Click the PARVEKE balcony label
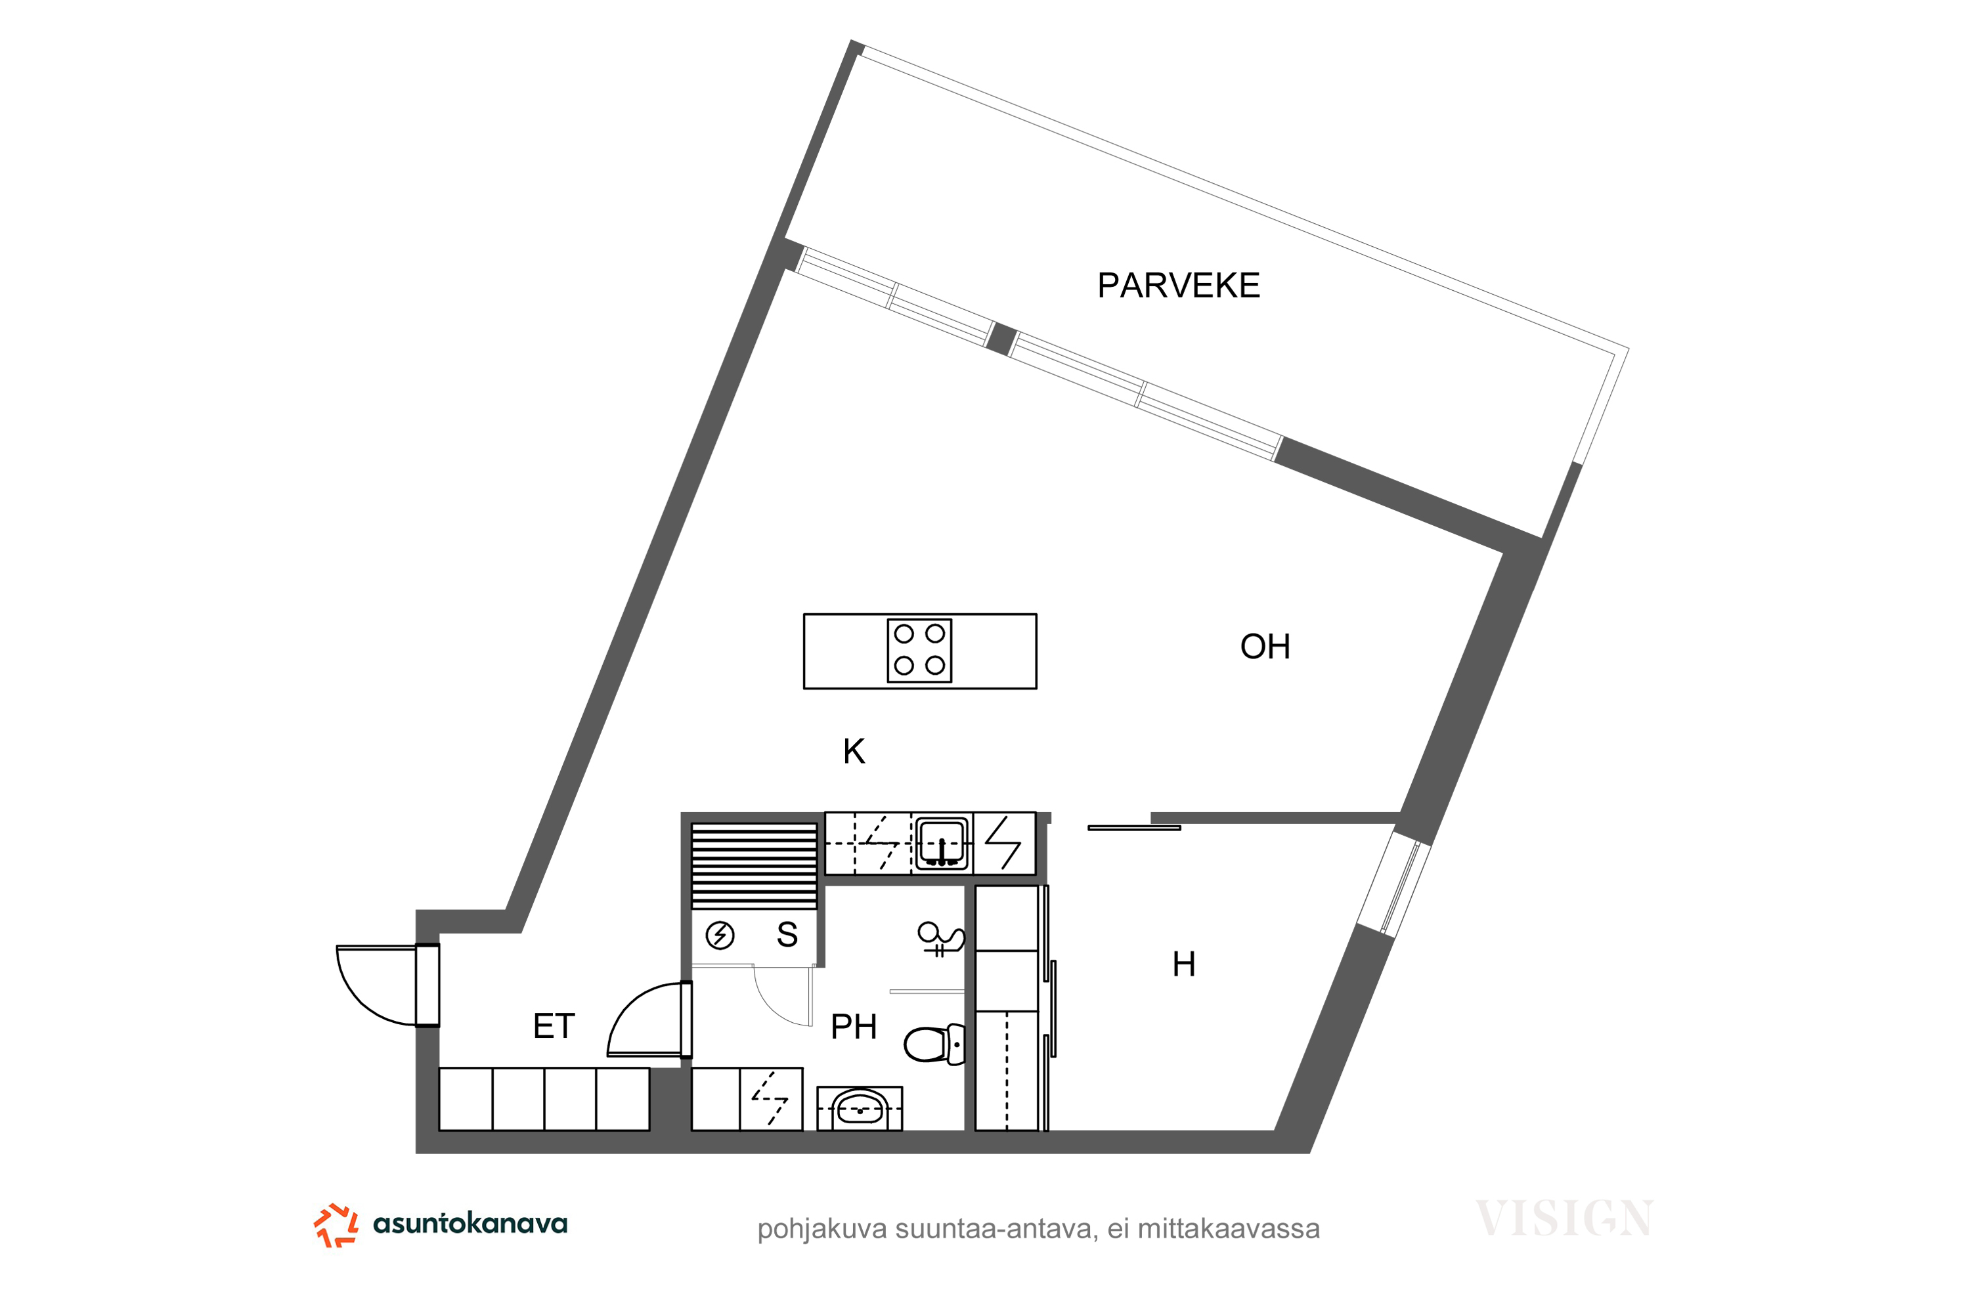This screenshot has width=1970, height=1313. pos(1179,286)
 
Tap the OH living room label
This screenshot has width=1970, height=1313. pos(1265,647)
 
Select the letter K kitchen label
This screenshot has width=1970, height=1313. pos(854,751)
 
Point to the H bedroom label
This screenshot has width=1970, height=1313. pos(1183,964)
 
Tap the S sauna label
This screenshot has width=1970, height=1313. pos(787,934)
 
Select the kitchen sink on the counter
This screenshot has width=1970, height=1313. pos(942,843)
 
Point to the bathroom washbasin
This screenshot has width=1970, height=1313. pos(860,1108)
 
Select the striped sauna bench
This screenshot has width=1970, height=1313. pos(754,866)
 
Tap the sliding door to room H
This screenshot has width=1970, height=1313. pos(1134,828)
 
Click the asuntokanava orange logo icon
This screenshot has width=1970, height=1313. pos(336,1225)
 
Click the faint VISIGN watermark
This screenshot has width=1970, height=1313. pos(1564,1218)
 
